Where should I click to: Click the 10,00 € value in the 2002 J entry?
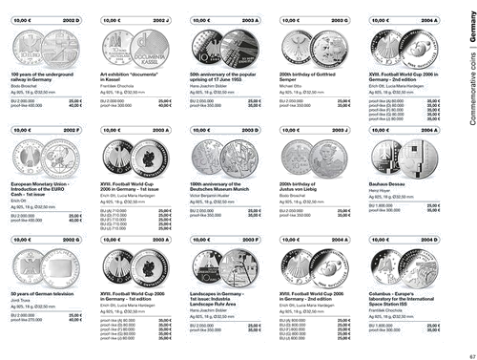(113, 19)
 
